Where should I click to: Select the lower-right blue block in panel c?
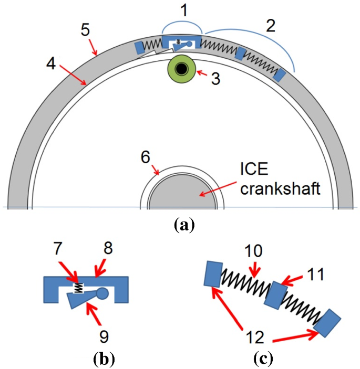coord(328,322)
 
